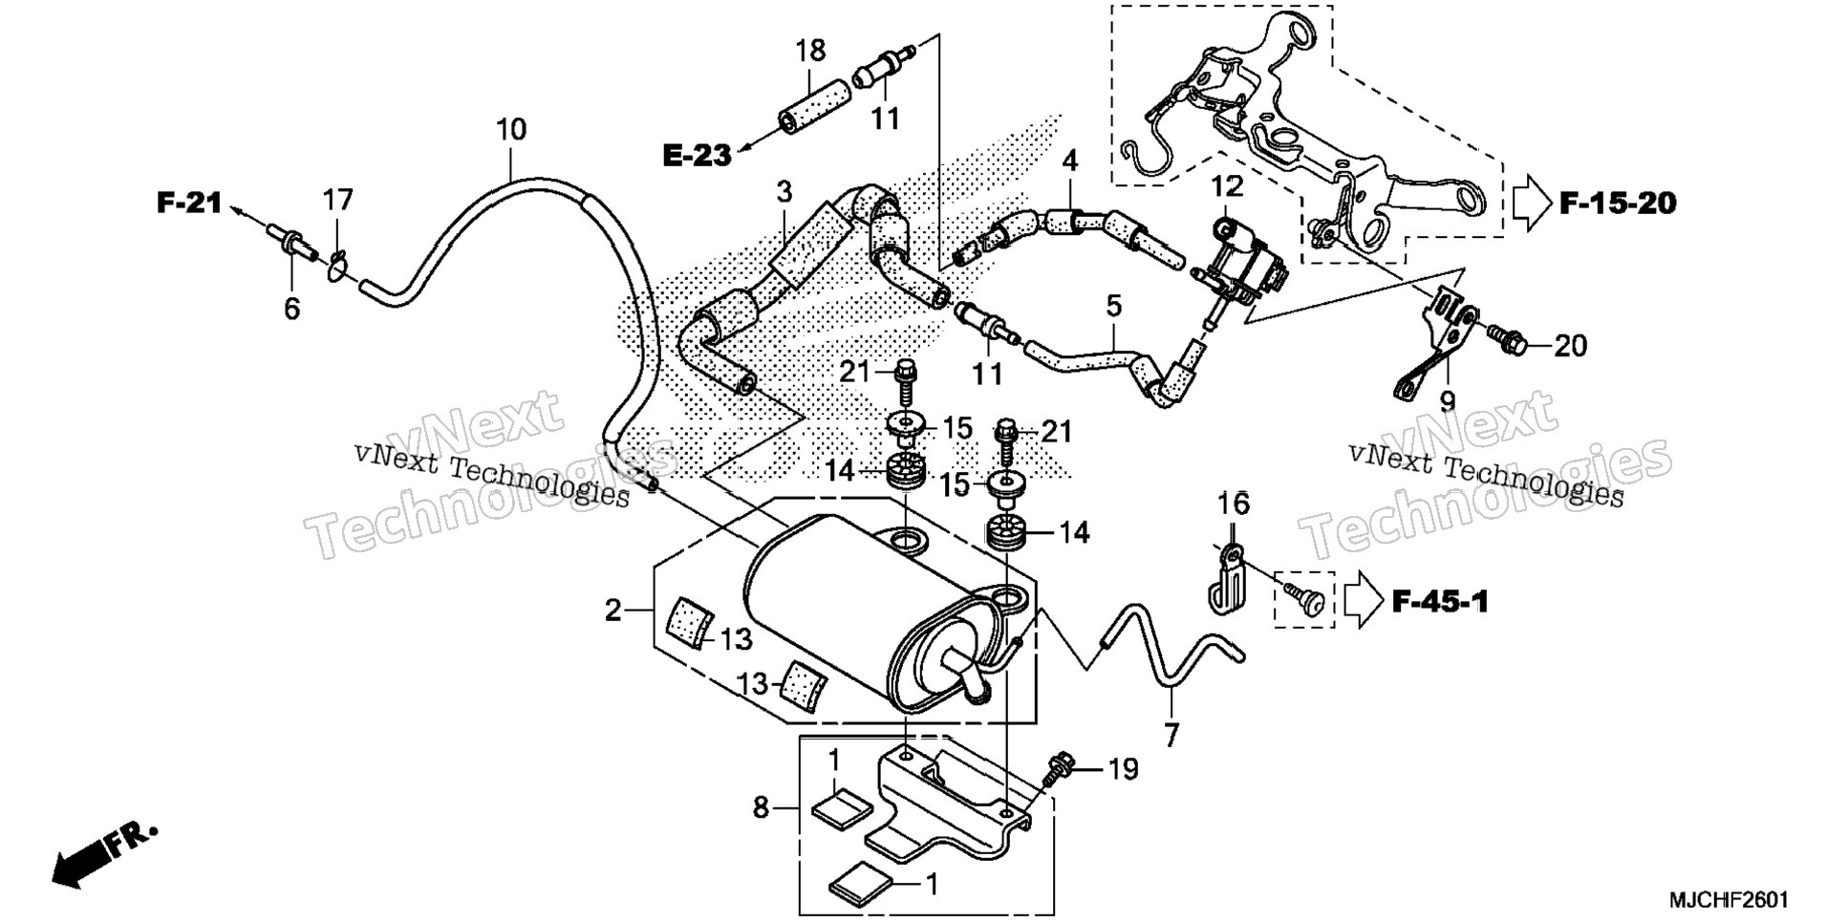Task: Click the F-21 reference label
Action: (190, 203)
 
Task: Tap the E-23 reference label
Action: (698, 155)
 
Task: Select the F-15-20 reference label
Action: (1618, 204)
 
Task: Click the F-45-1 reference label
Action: (1440, 602)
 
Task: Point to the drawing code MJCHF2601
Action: (1729, 900)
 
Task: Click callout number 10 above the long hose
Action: (511, 129)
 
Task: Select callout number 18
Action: (810, 50)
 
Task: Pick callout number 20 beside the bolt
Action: (1570, 346)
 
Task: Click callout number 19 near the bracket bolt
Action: (1124, 769)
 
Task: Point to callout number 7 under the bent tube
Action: (1171, 735)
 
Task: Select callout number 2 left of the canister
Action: (613, 610)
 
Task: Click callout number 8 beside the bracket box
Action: (761, 808)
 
